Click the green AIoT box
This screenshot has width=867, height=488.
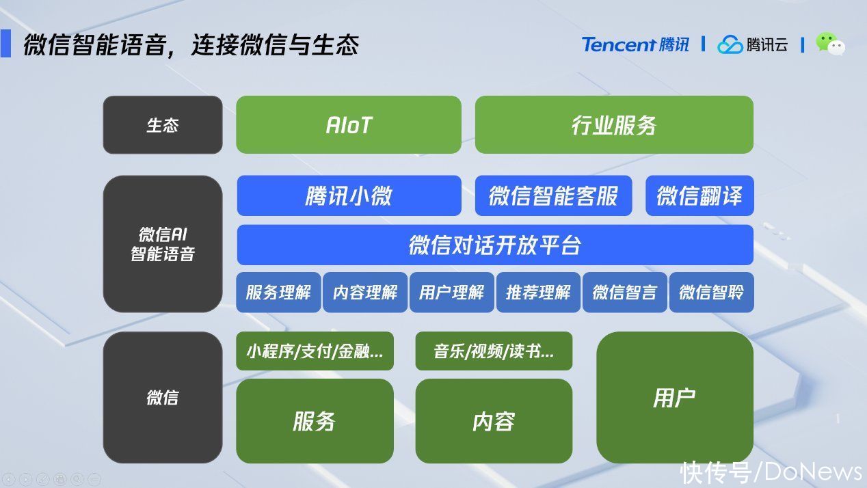[348, 124]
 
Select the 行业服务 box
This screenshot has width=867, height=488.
[614, 124]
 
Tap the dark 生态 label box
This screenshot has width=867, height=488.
[163, 124]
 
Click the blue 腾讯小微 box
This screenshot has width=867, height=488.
[349, 195]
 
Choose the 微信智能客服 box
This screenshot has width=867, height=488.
[553, 195]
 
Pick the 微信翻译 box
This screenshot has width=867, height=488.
[699, 195]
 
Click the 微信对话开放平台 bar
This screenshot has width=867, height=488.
[495, 245]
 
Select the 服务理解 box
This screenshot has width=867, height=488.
[278, 292]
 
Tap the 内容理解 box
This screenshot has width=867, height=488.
[365, 292]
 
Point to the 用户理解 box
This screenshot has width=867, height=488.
[452, 292]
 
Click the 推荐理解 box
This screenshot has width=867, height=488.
[538, 292]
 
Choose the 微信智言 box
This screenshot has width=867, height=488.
[625, 292]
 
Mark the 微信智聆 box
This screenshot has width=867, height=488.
[711, 292]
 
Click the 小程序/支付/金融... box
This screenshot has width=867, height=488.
[315, 351]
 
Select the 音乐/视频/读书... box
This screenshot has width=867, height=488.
[494, 351]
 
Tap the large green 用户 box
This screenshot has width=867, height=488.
[675, 398]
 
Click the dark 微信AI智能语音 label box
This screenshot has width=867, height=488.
[163, 244]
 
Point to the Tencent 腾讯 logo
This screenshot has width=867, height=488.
[635, 44]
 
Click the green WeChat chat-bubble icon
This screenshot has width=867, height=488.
[830, 44]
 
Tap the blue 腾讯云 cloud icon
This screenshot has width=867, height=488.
[730, 45]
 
